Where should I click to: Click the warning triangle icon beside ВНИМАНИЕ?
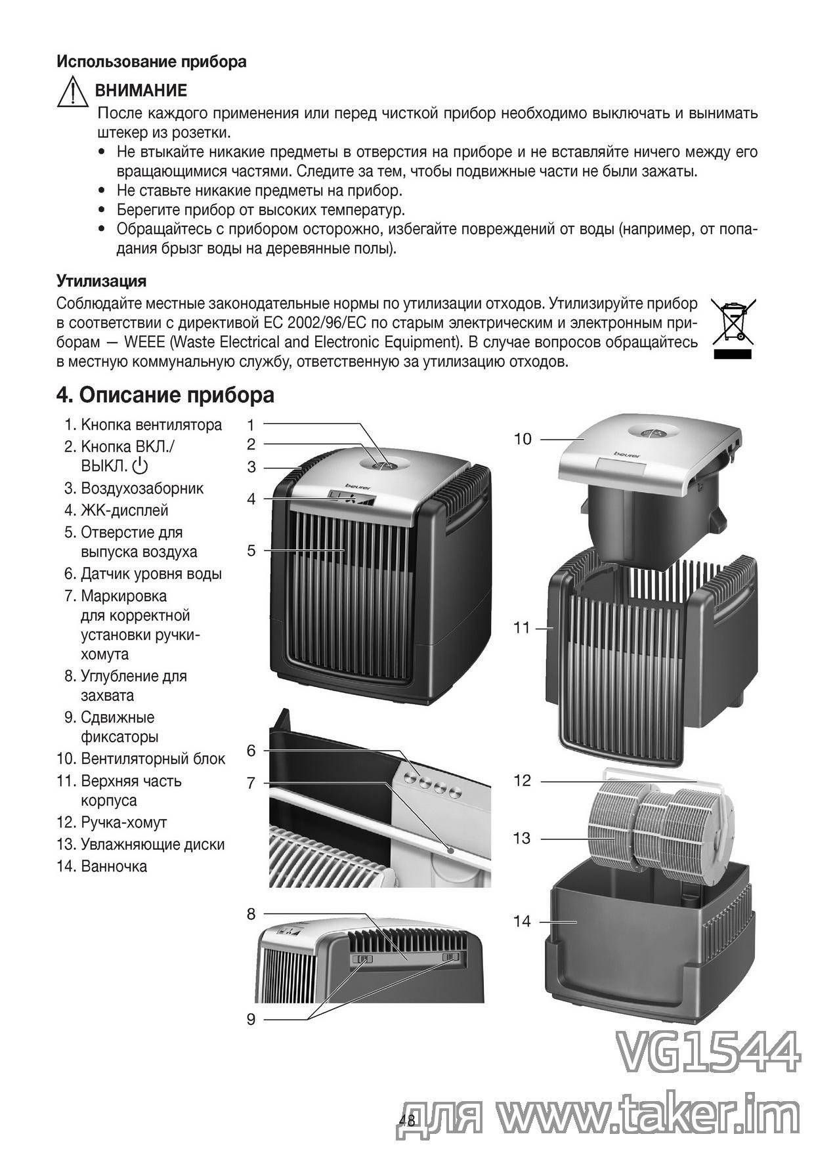point(73,93)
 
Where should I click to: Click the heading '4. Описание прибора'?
point(165,396)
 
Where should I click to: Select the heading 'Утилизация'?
point(101,282)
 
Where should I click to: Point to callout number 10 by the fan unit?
point(523,439)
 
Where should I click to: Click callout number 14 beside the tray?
point(522,921)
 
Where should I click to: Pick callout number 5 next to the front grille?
point(251,550)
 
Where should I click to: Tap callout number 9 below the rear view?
point(251,1019)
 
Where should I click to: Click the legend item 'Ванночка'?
point(114,866)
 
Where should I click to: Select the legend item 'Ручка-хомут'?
point(123,822)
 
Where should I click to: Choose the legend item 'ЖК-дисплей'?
point(124,510)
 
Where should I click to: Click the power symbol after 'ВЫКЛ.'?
point(140,467)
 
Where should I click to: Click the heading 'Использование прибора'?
point(152,62)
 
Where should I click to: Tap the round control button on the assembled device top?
point(384,463)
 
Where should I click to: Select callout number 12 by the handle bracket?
point(522,781)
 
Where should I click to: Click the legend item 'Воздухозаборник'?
point(142,488)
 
